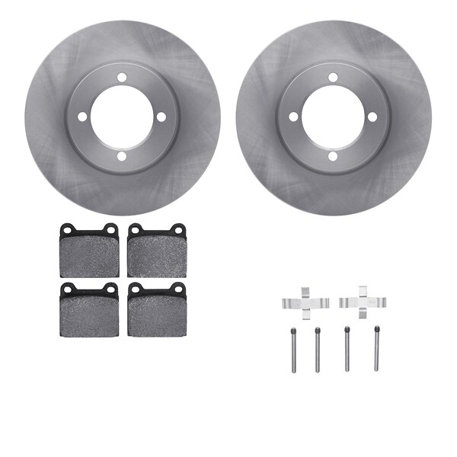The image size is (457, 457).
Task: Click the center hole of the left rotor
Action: (122, 117)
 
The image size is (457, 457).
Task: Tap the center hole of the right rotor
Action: (333, 117)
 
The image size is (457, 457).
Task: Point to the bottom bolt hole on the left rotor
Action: (122, 156)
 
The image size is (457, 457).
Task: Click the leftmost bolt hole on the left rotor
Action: (82, 117)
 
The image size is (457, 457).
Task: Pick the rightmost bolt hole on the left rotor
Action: (161, 117)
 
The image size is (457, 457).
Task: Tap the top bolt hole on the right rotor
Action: (333, 77)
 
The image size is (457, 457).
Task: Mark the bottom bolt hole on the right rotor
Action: (333, 156)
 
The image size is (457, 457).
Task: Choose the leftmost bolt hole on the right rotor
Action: (293, 117)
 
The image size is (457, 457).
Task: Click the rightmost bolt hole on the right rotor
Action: (372, 117)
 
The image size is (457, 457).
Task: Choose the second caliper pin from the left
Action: (318, 350)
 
